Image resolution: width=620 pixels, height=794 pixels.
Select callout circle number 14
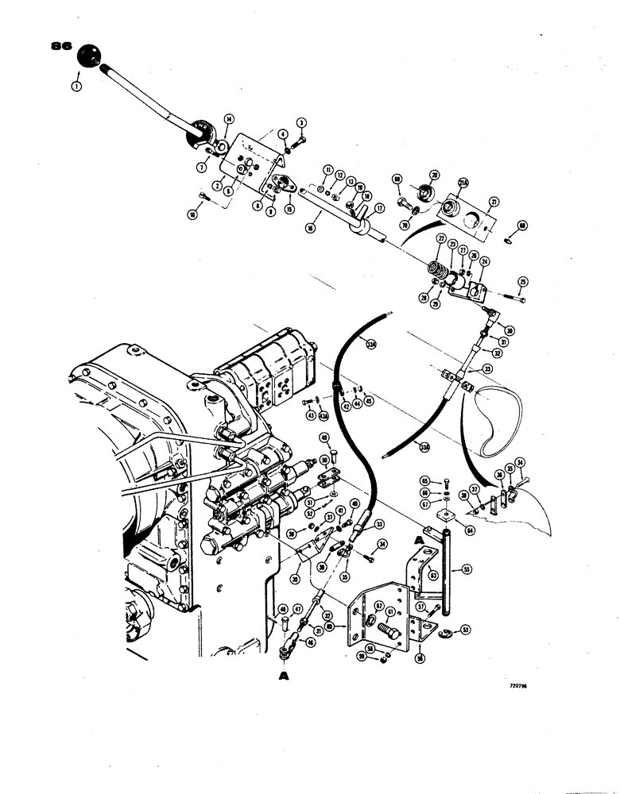(x=228, y=119)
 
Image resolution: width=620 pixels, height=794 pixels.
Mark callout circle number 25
(x=522, y=281)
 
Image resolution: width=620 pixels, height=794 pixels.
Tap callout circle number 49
(x=324, y=437)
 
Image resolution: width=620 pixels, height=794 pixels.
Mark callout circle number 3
(x=301, y=122)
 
